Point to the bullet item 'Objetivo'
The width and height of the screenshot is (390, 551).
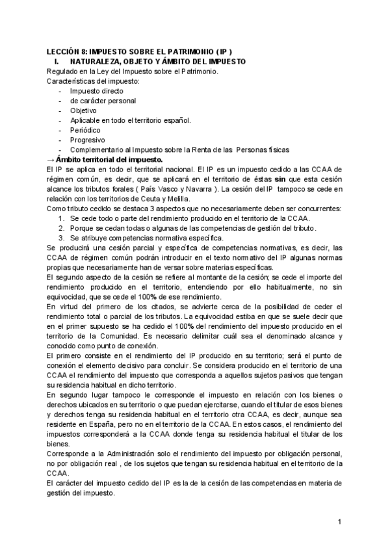(83, 111)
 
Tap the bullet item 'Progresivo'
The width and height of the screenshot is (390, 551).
(87, 140)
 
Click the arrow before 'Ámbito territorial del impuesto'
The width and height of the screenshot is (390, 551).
(51, 159)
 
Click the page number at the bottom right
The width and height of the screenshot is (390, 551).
(339, 522)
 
